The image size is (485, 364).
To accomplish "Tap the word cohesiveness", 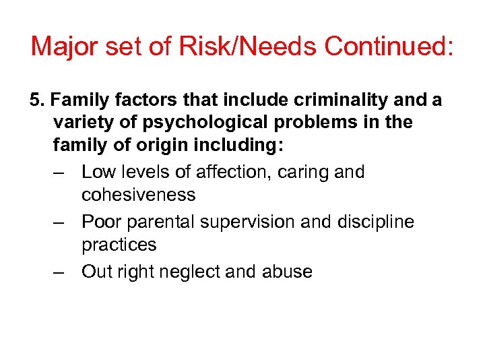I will [138, 195].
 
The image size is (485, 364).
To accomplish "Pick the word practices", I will [119, 245].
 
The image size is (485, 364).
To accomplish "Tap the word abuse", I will [288, 272].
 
